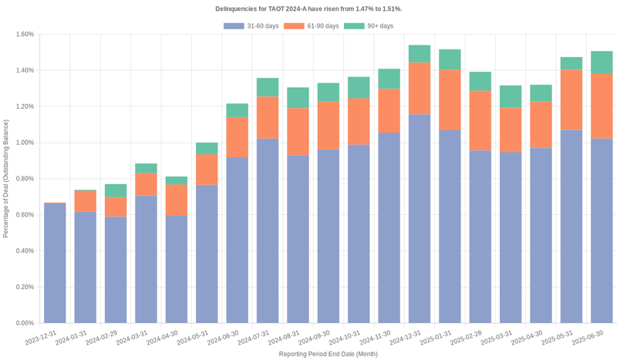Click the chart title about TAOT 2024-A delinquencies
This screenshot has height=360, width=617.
[308, 8]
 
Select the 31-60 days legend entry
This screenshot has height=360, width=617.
[251, 26]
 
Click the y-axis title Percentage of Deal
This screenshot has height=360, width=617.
[6, 178]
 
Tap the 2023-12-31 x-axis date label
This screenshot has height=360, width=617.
[43, 338]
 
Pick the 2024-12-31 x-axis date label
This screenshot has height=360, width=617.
[408, 338]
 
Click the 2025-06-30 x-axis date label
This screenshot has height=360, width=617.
[590, 338]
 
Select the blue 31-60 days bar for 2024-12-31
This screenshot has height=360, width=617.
[419, 219]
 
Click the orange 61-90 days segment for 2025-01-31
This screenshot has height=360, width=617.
[450, 100]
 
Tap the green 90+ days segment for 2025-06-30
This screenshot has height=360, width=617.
[602, 62]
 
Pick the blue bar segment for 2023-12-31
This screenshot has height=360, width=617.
[55, 263]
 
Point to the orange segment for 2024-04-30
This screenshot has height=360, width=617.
[176, 200]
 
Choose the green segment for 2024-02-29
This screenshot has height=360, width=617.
[116, 190]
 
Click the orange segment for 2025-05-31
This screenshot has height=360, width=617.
[571, 99]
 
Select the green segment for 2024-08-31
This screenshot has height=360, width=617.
[298, 98]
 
